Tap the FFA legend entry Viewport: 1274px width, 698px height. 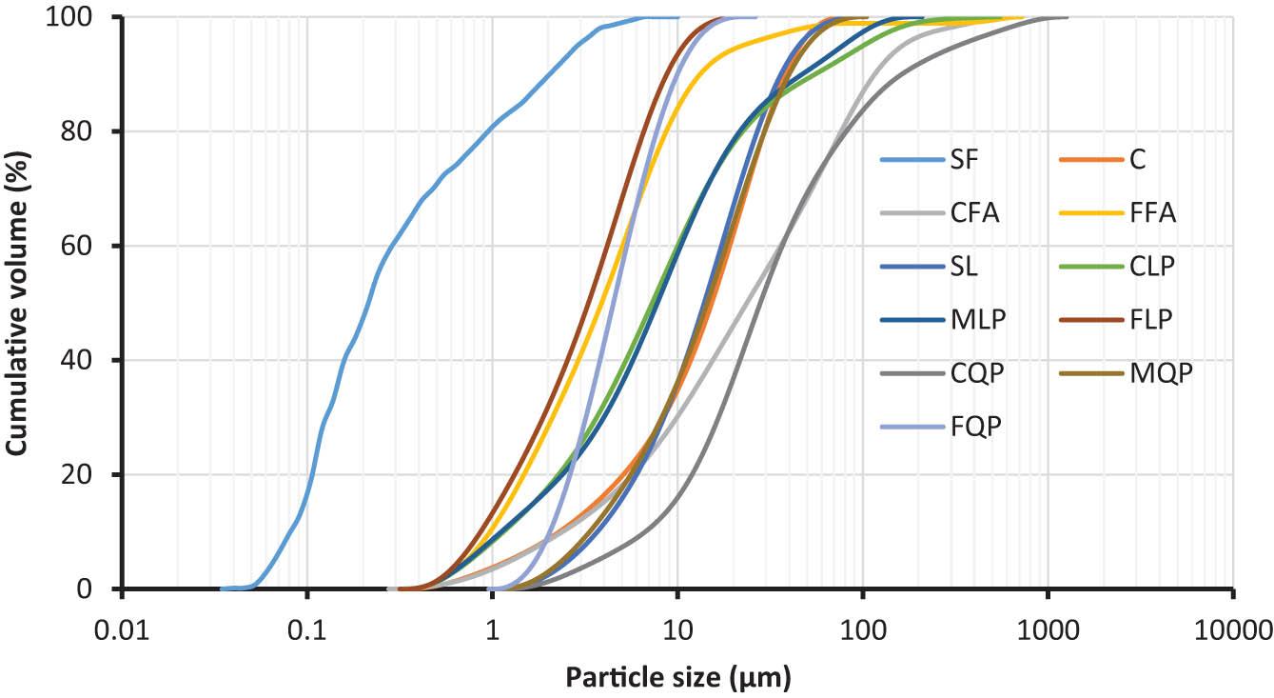1152,212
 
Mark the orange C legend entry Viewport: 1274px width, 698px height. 1138,159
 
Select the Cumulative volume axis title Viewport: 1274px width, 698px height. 18,302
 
